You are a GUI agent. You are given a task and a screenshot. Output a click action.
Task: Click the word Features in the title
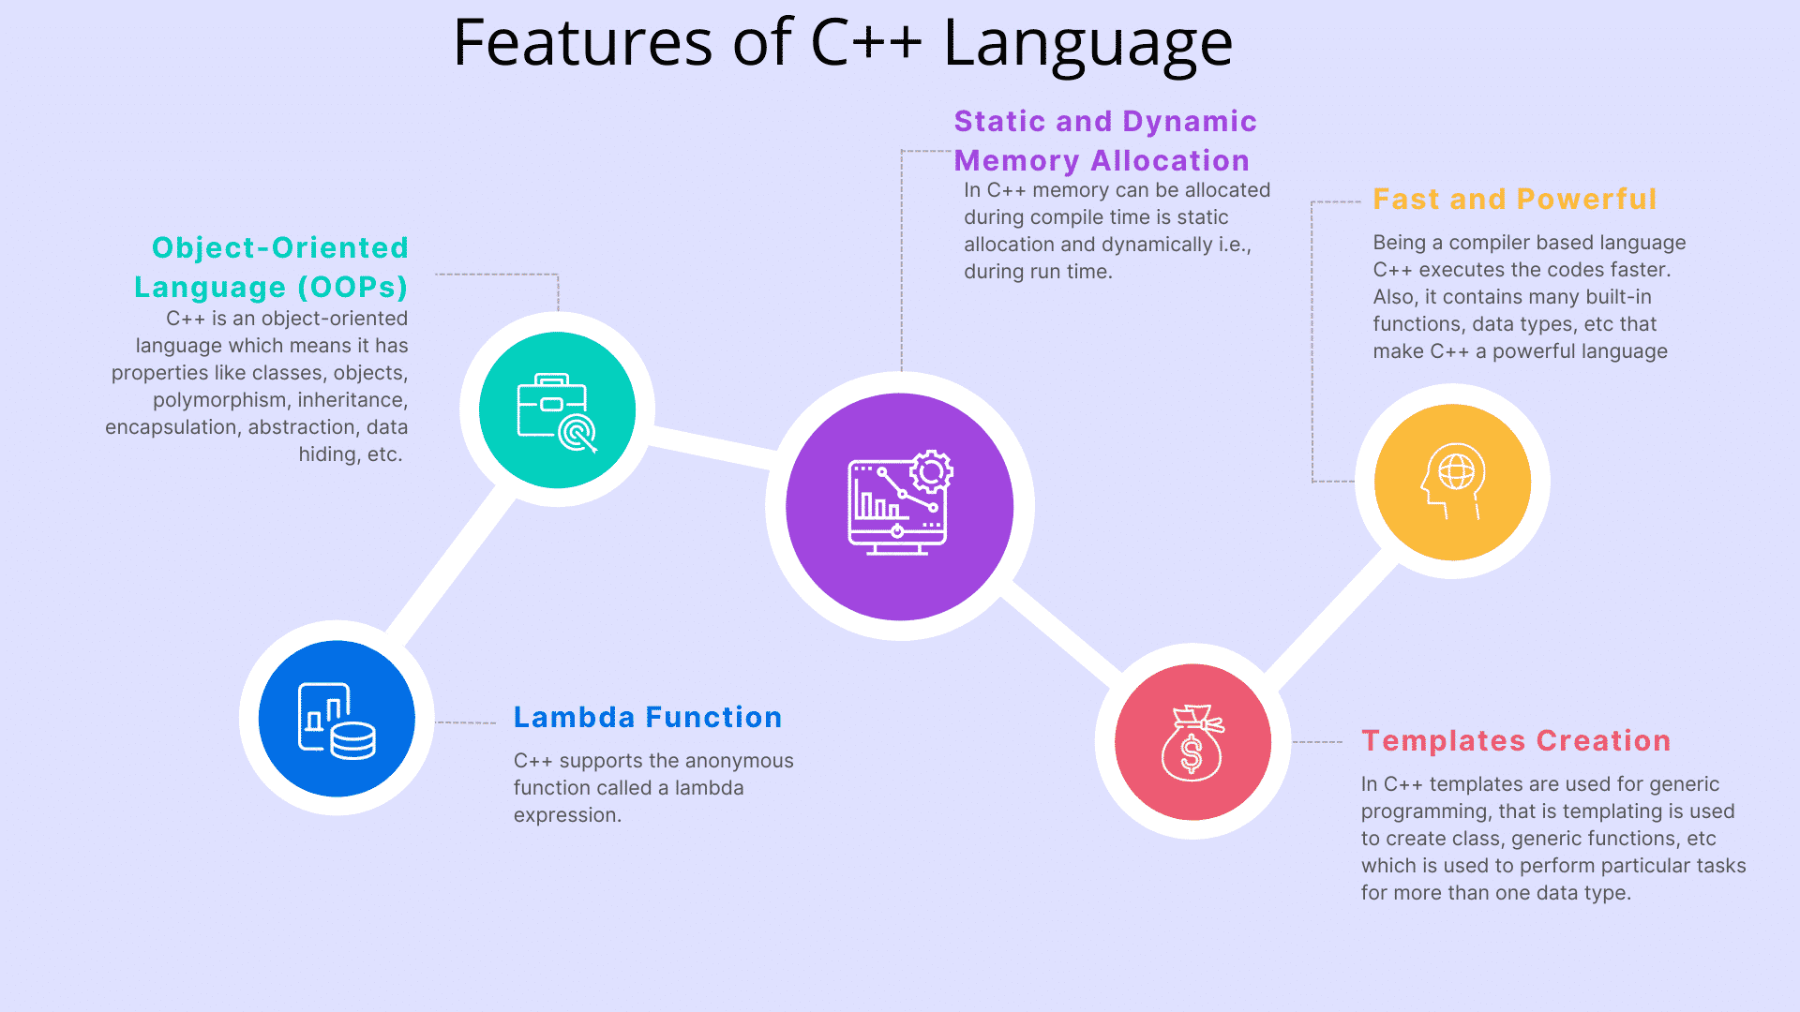point(582,43)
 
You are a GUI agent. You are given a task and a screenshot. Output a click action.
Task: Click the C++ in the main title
point(865,43)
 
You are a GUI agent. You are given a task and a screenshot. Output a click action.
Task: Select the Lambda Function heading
point(647,717)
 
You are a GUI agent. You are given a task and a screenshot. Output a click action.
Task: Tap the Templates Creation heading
point(1515,740)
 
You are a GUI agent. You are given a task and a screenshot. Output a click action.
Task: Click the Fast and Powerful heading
point(1514,199)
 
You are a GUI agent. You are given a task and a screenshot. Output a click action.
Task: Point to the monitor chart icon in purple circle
point(898,504)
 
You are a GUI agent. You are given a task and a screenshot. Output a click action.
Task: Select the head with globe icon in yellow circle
point(1453,481)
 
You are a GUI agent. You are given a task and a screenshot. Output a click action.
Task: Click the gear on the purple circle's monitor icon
point(931,471)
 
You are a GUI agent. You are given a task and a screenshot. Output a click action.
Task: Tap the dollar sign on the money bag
point(1191,753)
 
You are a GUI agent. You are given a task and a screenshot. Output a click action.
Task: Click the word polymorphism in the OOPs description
point(219,400)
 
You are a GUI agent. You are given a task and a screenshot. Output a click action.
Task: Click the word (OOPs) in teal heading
point(352,287)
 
